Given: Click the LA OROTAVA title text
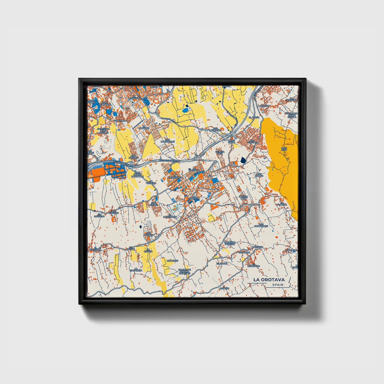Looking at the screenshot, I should coord(269,280).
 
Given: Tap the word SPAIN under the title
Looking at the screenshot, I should coord(277,285).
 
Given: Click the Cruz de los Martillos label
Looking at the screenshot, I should coord(137,174).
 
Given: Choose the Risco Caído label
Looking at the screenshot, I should coord(231,141).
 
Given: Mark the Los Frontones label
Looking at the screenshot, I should coord(261,225).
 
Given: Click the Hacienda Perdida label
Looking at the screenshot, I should coord(230,243).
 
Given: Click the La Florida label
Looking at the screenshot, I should coord(282,204).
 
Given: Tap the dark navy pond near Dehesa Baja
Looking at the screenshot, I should coord(243,160).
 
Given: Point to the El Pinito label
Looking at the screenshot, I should coord(254,117).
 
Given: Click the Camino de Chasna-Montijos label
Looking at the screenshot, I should coord(184,271).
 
